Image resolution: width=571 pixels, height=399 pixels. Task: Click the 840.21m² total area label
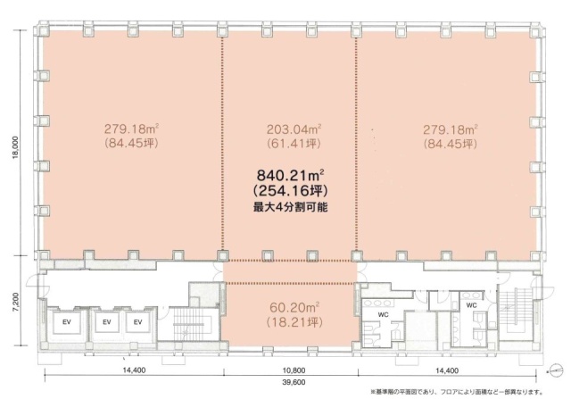click(x=291, y=176)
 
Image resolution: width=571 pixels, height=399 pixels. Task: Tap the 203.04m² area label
click(x=294, y=129)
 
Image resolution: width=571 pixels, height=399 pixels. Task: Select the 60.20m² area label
click(x=294, y=308)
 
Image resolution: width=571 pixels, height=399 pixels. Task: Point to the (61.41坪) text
click(x=294, y=144)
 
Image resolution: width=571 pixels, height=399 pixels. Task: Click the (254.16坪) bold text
click(x=291, y=190)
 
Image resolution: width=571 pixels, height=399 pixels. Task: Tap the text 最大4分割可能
click(x=291, y=207)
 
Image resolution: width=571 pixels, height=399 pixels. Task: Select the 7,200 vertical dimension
click(x=14, y=302)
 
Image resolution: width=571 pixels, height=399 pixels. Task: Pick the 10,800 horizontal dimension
click(x=294, y=370)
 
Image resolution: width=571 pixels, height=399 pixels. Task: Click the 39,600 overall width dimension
click(x=294, y=382)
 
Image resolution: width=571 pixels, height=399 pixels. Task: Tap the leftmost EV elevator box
click(x=67, y=322)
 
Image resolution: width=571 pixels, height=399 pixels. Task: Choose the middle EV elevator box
click(x=107, y=322)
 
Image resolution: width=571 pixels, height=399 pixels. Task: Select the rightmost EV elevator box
click(x=137, y=322)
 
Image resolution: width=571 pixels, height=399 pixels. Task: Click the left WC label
click(x=383, y=314)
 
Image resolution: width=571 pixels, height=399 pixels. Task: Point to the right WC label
click(x=471, y=305)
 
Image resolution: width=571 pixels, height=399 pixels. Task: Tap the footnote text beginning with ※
click(x=457, y=393)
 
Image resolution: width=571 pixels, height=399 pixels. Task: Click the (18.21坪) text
click(x=294, y=322)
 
